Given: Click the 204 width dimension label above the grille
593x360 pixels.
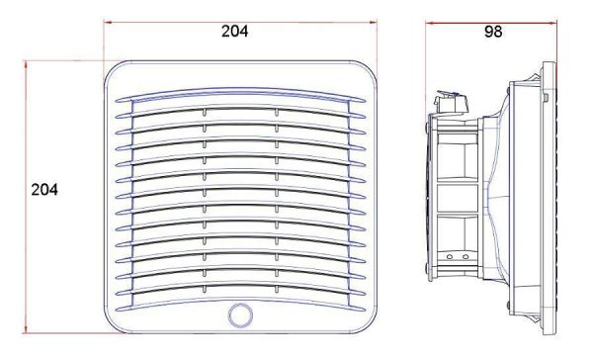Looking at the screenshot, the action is tap(235, 32).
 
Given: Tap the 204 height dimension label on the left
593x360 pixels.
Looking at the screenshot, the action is tap(44, 190).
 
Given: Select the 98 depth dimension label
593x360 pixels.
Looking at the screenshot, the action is tap(493, 32).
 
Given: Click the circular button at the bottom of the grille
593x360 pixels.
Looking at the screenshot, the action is tap(240, 315).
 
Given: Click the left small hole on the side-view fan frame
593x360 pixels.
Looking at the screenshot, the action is tap(450, 257).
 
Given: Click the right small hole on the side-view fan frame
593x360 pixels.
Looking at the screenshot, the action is tap(466, 257).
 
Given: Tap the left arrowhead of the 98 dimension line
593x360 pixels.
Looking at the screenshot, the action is tap(430, 23).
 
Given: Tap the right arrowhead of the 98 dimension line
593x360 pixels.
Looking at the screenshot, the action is tap(552, 23).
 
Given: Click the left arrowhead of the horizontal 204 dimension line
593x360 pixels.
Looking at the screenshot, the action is tap(109, 22).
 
